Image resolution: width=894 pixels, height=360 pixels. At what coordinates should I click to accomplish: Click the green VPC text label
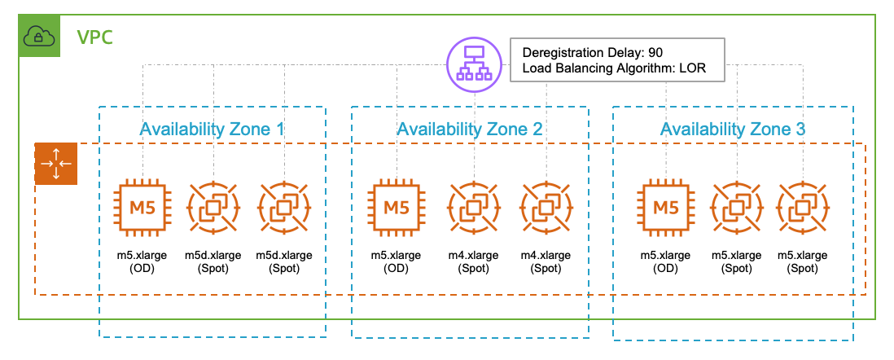[94, 37]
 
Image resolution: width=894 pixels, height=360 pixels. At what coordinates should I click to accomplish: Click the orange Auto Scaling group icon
[55, 163]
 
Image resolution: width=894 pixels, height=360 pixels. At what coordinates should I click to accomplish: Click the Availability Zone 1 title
[212, 129]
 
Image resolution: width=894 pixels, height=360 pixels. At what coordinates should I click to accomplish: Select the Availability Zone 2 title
[470, 129]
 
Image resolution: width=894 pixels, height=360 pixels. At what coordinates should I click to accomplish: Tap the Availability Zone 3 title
[733, 129]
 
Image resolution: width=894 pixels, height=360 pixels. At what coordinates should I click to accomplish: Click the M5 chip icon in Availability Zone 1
[143, 207]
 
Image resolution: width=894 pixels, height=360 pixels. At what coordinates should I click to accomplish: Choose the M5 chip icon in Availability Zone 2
[397, 207]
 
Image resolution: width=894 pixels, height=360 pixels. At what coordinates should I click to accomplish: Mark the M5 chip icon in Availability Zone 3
[667, 207]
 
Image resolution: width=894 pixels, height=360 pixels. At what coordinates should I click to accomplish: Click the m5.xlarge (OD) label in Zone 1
[143, 261]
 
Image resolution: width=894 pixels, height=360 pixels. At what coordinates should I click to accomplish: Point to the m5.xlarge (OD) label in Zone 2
[397, 261]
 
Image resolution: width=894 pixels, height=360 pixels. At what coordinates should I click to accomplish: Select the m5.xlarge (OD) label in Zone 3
[667, 261]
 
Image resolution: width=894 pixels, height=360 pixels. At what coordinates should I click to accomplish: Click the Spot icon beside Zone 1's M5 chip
[213, 207]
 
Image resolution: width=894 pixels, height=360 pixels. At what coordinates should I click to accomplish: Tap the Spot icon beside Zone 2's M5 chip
[473, 207]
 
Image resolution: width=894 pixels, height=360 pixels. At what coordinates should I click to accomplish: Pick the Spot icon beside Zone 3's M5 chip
[737, 207]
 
